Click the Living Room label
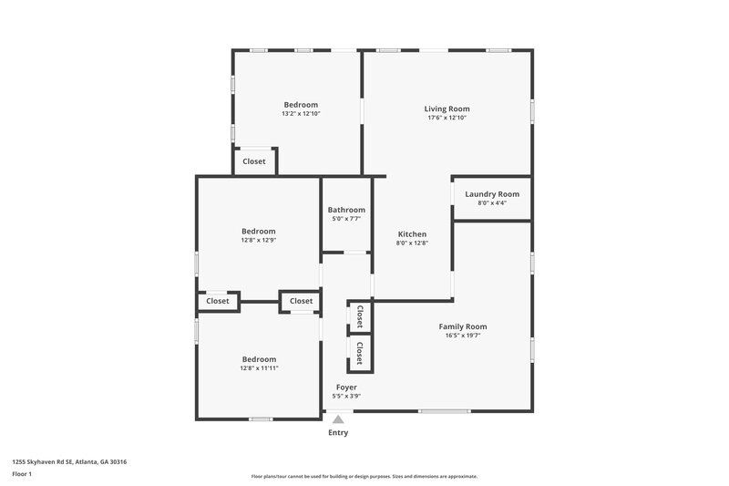pos(447,109)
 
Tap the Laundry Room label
pos(492,193)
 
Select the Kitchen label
pos(412,234)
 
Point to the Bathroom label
pos(346,210)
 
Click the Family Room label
pos(463,326)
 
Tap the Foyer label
pos(346,387)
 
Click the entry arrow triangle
pos(338,419)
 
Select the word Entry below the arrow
pos(338,432)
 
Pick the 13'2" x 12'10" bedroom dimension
pos(301,114)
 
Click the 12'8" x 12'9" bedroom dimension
pos(259,241)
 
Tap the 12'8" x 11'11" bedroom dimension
pos(259,368)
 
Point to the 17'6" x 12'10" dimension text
pos(447,118)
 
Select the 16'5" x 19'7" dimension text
pos(463,336)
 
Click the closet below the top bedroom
pos(254,161)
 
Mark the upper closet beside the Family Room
pos(360,316)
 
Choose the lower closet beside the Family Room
pos(360,352)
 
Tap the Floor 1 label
pos(23,475)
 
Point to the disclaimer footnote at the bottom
pos(364,476)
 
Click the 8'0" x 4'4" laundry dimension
pos(492,202)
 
